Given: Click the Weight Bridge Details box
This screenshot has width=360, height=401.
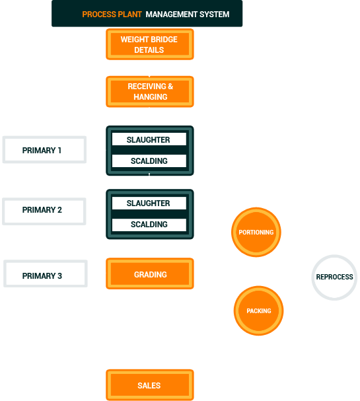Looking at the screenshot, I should [150, 45].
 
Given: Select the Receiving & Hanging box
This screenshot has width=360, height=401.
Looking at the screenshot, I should [150, 92].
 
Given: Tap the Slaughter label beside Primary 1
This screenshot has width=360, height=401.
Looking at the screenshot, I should [149, 140].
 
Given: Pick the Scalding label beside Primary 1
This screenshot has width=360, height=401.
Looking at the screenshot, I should [149, 161].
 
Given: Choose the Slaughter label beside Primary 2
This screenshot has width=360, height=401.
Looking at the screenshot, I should [149, 203].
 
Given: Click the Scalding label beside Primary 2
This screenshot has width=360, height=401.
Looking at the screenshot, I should [149, 225].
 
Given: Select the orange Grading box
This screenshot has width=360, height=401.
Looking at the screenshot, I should [150, 274].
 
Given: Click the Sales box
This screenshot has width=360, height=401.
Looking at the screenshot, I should [149, 385].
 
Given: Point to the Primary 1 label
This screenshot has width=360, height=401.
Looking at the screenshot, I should [42, 151].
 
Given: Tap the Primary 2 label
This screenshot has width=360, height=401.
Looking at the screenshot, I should [42, 210].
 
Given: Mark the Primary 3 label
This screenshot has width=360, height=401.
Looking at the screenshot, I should [42, 275].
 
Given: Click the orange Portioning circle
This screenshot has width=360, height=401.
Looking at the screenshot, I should [256, 233].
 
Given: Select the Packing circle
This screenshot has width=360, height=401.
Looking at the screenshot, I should [258, 311].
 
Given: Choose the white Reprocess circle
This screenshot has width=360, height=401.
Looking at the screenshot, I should [334, 277].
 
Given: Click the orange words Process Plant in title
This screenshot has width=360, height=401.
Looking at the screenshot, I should [112, 15].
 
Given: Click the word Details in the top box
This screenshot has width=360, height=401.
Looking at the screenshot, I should [149, 50].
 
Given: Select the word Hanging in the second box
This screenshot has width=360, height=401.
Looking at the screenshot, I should [151, 97].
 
